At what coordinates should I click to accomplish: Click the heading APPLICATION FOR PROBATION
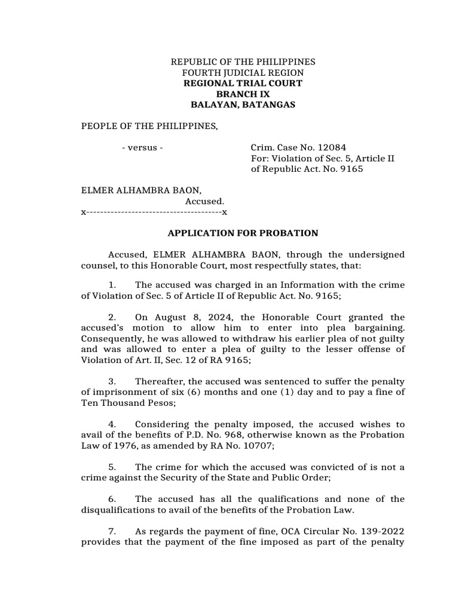243,233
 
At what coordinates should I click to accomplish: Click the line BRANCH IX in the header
243,94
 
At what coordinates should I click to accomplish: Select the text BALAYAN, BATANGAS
243,105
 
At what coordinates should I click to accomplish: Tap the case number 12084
333,147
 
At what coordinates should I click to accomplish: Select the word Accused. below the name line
204,201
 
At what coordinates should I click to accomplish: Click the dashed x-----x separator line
154,212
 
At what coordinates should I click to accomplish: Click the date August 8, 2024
174,317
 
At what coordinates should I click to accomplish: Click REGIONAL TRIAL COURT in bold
243,84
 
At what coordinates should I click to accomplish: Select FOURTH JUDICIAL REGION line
243,73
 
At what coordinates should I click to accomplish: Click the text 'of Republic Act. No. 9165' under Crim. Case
307,169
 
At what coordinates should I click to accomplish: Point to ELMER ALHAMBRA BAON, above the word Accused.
141,190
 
